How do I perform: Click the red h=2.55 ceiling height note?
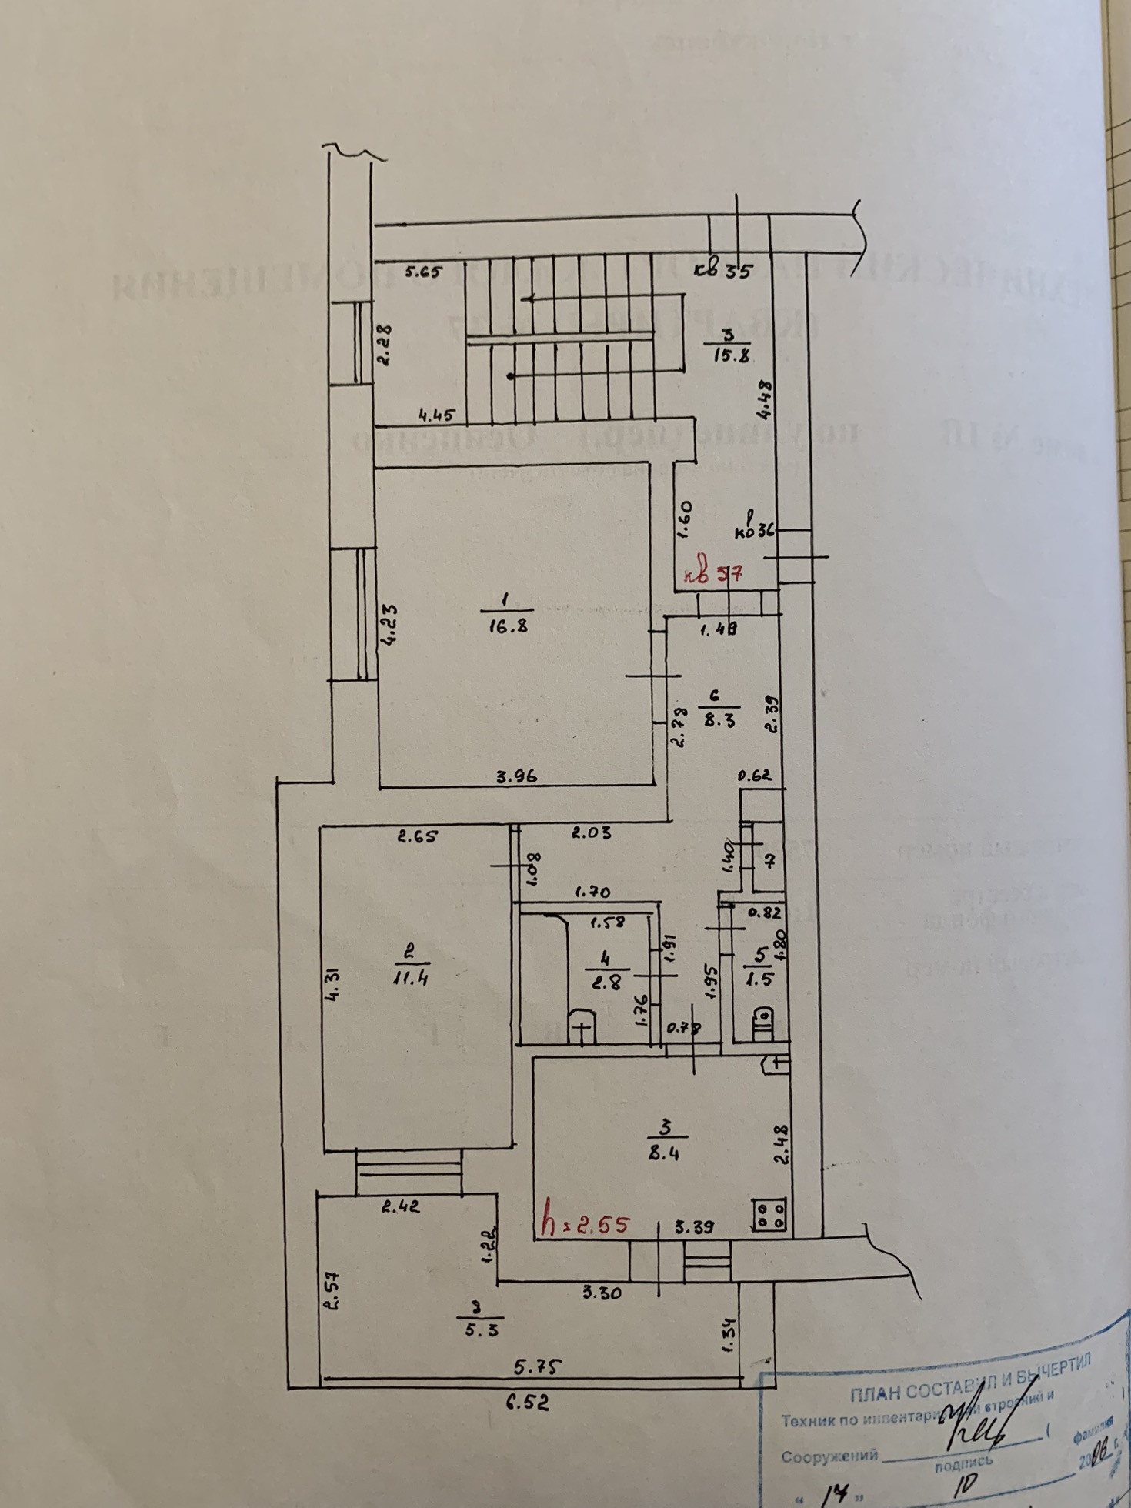586,1225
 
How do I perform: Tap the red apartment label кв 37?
712,574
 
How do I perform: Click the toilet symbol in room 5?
762,1023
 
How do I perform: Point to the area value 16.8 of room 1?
507,626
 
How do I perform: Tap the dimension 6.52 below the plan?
527,1403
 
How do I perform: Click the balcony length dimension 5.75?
539,1366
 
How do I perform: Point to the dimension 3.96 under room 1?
516,777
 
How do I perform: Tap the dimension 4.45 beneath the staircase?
436,416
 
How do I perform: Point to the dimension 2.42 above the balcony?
401,1207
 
